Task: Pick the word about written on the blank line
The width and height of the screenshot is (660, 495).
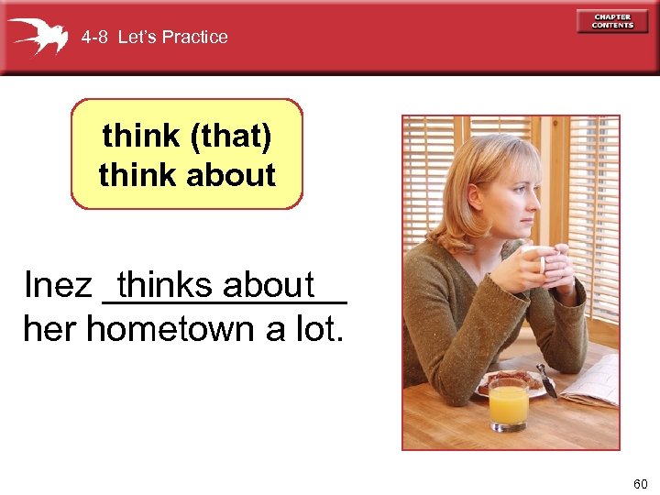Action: pos(269,285)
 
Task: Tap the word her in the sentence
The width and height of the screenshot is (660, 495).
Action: pos(50,328)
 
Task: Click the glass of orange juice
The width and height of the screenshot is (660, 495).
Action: pos(508,404)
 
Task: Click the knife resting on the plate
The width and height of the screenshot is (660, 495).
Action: pos(547,379)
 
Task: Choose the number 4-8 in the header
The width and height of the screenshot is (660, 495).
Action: pos(93,38)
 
